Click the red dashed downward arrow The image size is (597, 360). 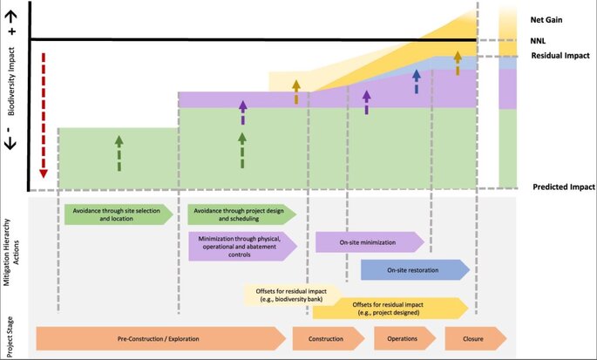click(x=42, y=114)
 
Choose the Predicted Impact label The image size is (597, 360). click(x=564, y=187)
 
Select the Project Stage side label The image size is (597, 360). click(x=11, y=336)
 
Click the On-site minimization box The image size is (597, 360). click(x=369, y=241)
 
